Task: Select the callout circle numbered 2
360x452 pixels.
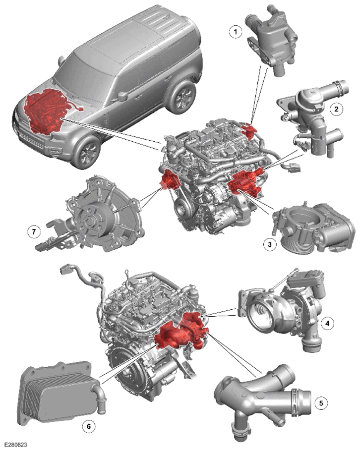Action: click(x=337, y=109)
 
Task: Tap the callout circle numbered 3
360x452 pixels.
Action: click(x=270, y=245)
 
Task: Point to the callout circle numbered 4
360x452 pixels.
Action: click(x=327, y=323)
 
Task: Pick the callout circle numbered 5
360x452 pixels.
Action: click(x=321, y=403)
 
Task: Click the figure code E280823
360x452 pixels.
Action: click(x=15, y=446)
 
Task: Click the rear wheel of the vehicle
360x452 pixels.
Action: click(x=181, y=97)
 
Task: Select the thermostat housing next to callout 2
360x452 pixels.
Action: click(x=311, y=121)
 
